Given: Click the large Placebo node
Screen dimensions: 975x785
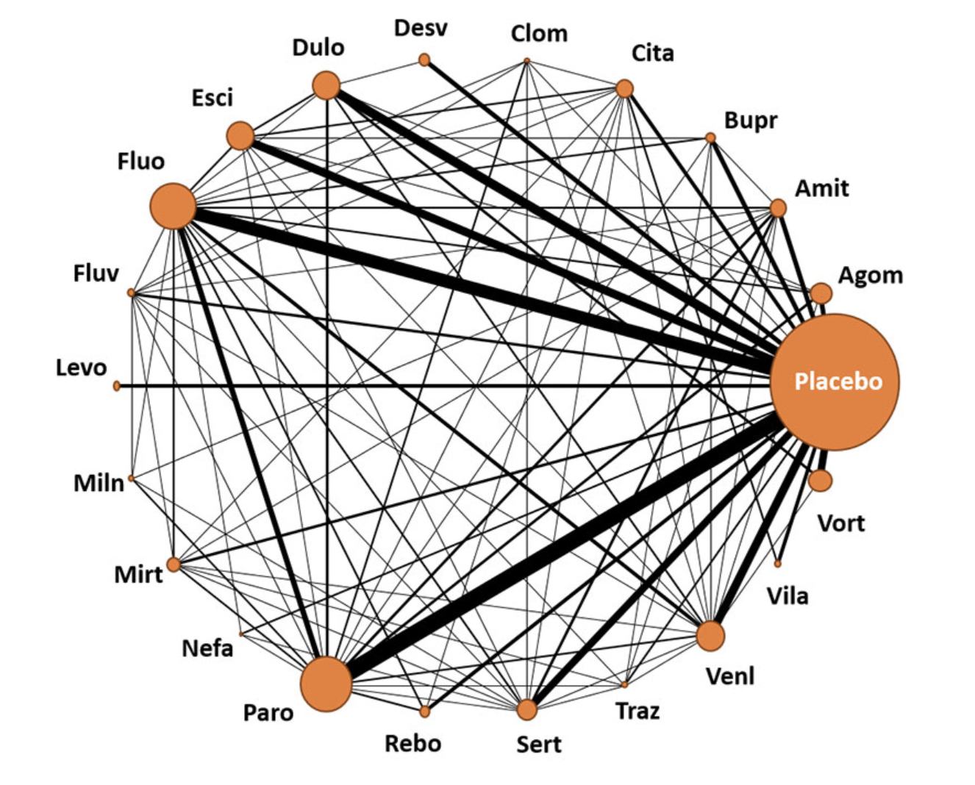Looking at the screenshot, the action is coord(835,382).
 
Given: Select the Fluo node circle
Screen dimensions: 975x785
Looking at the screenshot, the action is coord(173,206).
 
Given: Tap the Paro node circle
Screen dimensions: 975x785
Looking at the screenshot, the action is coord(326,684).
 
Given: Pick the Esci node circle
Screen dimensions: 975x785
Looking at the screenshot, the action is coord(240,135).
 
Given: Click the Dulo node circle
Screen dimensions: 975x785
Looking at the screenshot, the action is coord(326,85).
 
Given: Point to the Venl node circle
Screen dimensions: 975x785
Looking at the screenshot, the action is coord(710,636).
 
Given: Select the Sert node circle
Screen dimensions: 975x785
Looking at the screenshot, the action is coord(527,709).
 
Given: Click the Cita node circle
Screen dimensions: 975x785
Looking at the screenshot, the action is coord(625,88).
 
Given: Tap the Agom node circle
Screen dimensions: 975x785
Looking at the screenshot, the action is coord(821,293).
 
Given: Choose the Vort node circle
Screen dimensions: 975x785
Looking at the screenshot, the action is coord(820,480).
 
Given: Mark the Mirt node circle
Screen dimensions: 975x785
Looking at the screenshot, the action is coord(173,564).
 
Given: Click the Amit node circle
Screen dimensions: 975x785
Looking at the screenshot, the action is coord(779,208).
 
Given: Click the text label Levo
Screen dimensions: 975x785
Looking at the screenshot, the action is coord(82,368).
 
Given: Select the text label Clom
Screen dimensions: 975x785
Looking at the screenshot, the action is coord(539,34).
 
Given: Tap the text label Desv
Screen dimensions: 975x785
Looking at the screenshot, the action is coord(421,28).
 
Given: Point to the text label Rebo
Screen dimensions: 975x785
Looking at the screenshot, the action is coord(413,744).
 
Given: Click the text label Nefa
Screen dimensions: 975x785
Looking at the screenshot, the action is coord(207,649).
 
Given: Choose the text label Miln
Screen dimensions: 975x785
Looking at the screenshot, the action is coord(99,484).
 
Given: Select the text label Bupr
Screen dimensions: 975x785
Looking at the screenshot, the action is coord(751,121).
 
